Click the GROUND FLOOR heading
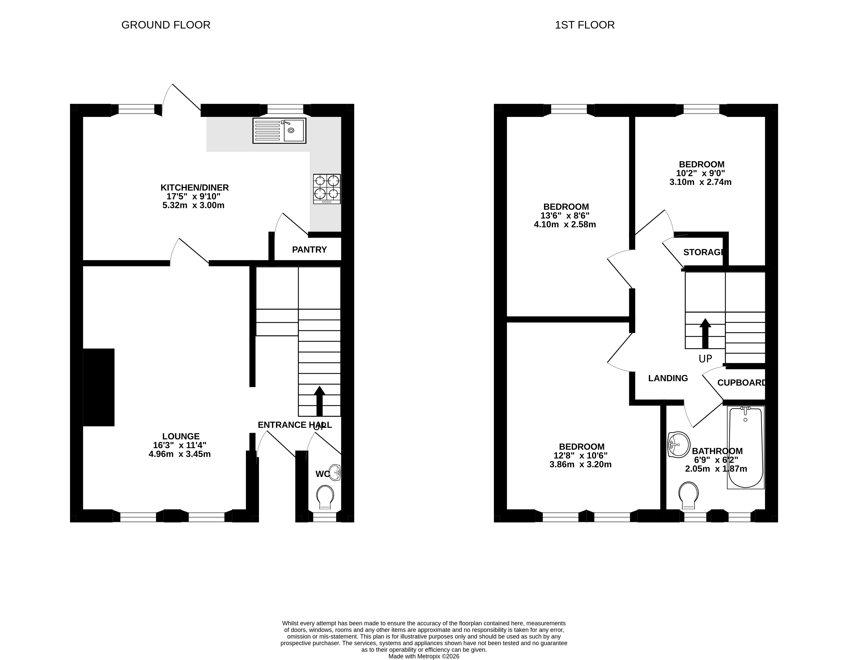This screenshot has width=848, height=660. click(x=166, y=25)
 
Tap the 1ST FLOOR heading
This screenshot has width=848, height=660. click(x=585, y=25)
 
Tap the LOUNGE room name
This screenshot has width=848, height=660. click(x=181, y=436)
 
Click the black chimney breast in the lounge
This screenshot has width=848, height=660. click(x=99, y=387)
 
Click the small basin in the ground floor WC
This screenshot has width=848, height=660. click(x=335, y=473)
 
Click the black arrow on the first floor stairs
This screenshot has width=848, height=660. click(x=705, y=333)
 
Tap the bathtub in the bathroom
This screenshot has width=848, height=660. click(x=745, y=447)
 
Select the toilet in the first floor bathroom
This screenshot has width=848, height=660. click(x=688, y=495)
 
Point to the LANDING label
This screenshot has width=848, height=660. click(x=668, y=378)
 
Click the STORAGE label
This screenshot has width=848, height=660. click(x=704, y=252)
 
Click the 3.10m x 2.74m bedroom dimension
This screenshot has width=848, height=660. click(x=701, y=182)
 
